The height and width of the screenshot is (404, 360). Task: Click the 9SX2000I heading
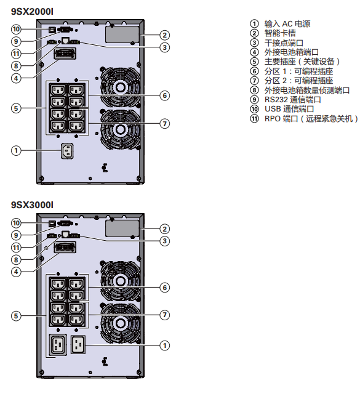click(x=32, y=12)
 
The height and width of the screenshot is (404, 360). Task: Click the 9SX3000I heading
click(x=32, y=205)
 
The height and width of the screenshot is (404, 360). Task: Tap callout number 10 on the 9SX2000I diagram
click(x=16, y=29)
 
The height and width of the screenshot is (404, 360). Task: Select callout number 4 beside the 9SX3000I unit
click(x=16, y=272)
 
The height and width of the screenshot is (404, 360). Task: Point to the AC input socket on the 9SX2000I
click(x=67, y=151)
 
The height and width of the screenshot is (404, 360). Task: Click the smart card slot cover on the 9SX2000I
click(x=122, y=34)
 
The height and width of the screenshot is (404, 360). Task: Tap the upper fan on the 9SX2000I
click(x=120, y=87)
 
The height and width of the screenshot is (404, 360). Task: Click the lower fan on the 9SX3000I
click(x=120, y=323)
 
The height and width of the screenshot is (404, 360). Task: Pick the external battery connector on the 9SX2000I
click(x=65, y=54)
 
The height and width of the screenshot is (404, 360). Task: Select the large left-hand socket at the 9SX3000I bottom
click(x=58, y=345)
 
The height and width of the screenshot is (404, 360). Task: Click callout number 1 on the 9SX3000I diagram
click(x=165, y=345)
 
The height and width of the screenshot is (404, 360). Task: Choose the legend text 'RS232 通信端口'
click(x=292, y=100)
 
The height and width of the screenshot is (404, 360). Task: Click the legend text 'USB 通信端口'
click(x=289, y=109)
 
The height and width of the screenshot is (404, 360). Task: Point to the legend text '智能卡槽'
click(x=280, y=33)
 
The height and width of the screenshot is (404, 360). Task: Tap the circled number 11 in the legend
click(x=254, y=118)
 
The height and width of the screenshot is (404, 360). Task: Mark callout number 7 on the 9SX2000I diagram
click(x=165, y=124)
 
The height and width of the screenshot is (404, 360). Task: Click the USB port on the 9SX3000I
click(x=52, y=224)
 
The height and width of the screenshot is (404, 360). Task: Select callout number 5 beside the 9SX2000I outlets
click(x=16, y=108)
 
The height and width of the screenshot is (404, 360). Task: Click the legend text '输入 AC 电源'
click(x=287, y=23)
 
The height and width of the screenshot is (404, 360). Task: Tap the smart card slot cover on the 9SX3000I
click(x=122, y=228)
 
